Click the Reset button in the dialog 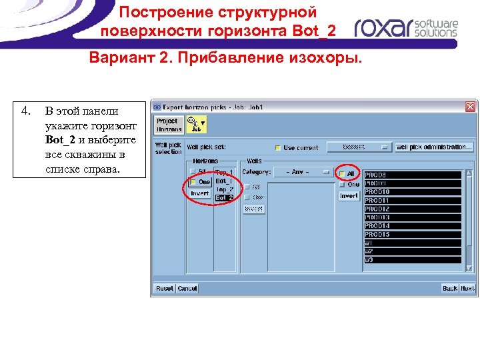pyautogui.click(x=164, y=288)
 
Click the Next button pyautogui.click(x=467, y=288)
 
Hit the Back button pyautogui.click(x=450, y=288)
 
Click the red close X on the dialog pyautogui.click(x=471, y=106)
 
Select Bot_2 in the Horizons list pyautogui.click(x=224, y=197)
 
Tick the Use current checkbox pyautogui.click(x=278, y=148)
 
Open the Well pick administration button pyautogui.click(x=434, y=147)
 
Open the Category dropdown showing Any pyautogui.click(x=303, y=172)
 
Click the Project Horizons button pyautogui.click(x=167, y=125)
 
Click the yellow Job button pyautogui.click(x=197, y=124)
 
